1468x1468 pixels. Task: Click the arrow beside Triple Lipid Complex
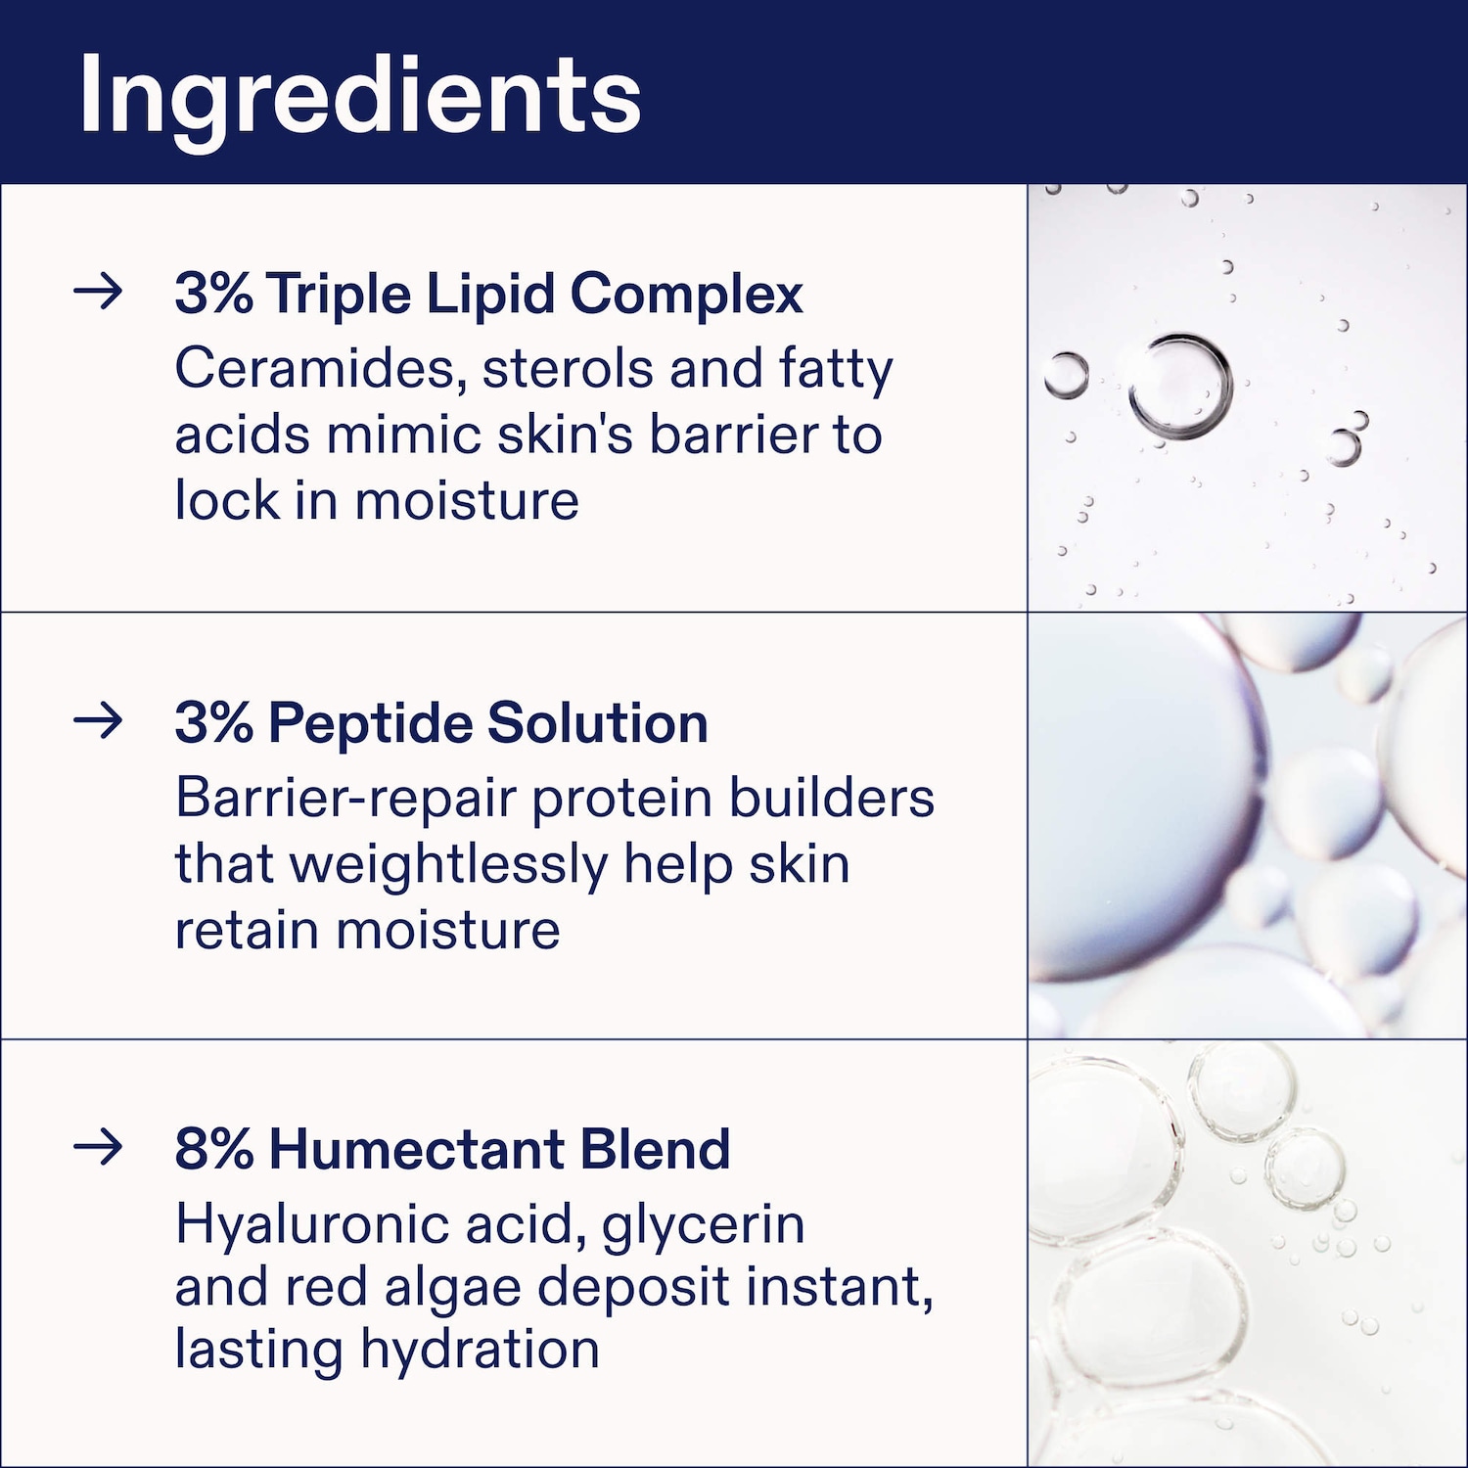coord(99,292)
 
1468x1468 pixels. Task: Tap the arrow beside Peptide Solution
coord(99,721)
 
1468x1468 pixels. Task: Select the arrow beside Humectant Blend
coord(99,1147)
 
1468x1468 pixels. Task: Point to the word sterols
coord(569,369)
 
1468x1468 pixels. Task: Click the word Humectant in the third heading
coord(416,1149)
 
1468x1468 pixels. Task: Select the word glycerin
coord(703,1226)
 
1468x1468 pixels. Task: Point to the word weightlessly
coord(448,866)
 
